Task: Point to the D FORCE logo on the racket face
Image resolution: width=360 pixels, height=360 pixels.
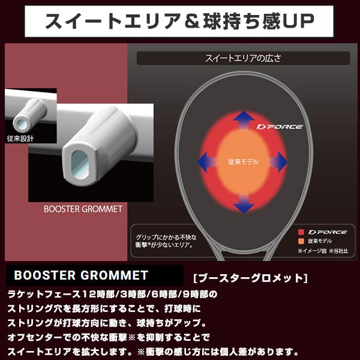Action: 278,127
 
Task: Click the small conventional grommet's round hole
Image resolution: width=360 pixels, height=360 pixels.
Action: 21,122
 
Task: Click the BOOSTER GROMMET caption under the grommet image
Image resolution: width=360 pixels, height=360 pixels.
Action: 83,209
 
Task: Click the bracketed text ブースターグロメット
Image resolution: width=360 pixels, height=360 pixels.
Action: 251,278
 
